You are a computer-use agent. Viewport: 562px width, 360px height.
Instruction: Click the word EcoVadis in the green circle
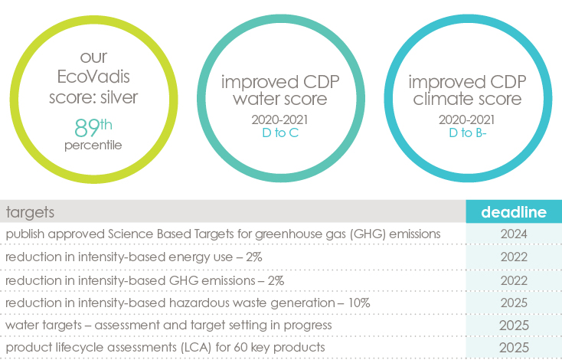[x=93, y=77]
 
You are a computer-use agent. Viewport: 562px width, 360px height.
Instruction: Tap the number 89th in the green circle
[x=93, y=128]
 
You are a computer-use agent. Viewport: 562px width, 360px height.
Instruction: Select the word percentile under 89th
[x=93, y=146]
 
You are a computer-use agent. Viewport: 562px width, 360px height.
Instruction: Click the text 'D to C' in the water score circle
[x=280, y=133]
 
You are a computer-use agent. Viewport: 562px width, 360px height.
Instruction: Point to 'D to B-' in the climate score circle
[x=467, y=133]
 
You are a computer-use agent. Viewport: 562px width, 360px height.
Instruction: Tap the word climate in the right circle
[x=442, y=99]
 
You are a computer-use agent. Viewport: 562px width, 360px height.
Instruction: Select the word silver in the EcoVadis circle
[x=119, y=97]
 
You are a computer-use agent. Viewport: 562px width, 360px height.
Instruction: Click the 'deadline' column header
[x=514, y=212]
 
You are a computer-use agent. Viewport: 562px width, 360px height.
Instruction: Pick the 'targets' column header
[x=30, y=212]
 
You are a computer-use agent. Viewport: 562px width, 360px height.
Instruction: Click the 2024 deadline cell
[x=514, y=234]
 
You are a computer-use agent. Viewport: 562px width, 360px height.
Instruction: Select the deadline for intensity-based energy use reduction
[x=514, y=257]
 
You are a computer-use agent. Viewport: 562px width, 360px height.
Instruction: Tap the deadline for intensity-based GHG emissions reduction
[x=514, y=280]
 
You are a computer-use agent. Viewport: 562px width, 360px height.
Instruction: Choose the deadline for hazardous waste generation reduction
[x=514, y=303]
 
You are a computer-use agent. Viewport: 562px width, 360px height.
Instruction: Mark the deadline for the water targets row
[x=514, y=326]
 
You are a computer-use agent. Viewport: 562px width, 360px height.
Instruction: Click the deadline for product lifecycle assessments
[x=514, y=348]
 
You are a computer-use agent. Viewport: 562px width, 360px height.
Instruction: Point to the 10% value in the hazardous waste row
[x=359, y=303]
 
